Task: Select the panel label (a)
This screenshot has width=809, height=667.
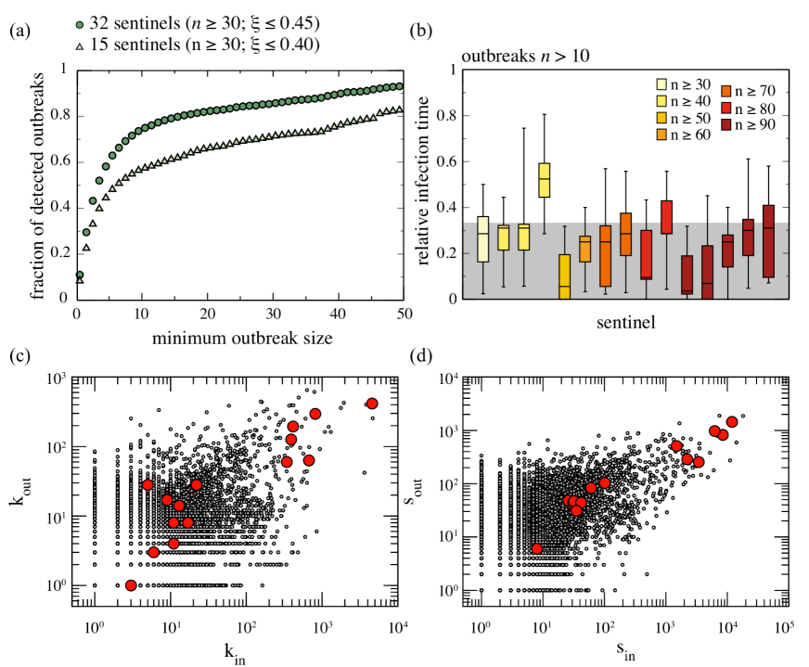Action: [18, 32]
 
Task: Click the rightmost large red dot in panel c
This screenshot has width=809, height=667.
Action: [372, 404]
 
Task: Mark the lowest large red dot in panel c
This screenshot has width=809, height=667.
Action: [131, 584]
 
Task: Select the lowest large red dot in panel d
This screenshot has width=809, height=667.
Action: [537, 549]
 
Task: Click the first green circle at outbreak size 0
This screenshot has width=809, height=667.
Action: [79, 276]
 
